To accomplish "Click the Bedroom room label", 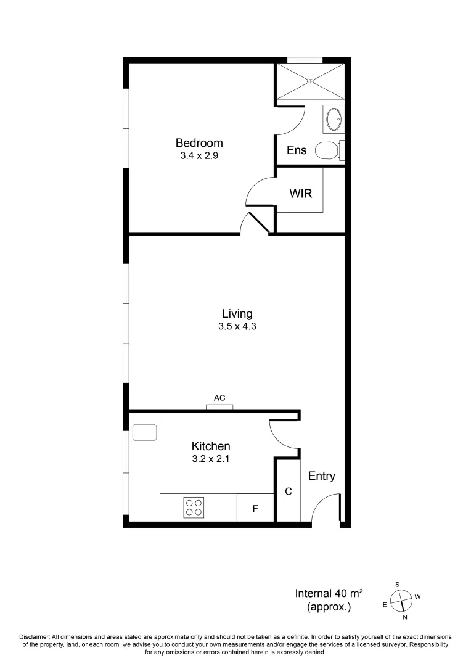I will coord(199,143).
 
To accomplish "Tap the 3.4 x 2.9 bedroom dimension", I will coord(199,156).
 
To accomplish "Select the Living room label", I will coord(237,314).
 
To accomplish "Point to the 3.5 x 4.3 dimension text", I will coord(237,327).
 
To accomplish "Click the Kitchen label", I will coord(211,446).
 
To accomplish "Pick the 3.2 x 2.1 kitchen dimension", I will coord(211,459).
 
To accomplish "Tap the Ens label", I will coord(298,150).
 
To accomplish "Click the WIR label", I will coord(301,194).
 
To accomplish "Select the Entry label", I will coord(322,476).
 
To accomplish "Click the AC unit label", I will coord(219,398).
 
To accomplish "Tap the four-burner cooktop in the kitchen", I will coord(194,508).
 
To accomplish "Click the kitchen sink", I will coord(145,432).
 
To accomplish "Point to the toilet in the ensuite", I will coord(327,150).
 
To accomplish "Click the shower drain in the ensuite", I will coord(311,80).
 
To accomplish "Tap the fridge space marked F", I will coord(255,509).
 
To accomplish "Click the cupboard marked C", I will coord(288,491).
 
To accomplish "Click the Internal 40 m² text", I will coord(329,594).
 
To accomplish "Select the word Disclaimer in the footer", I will coord(36,636).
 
